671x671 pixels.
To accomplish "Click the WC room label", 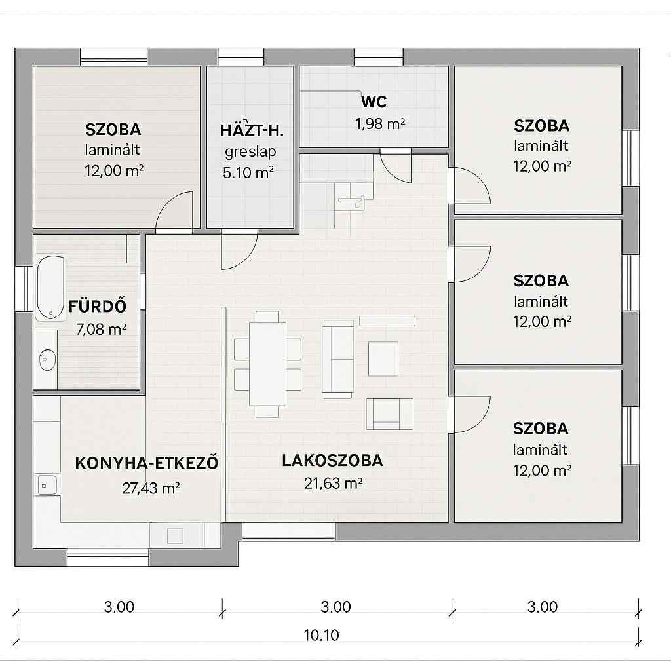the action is (374, 102).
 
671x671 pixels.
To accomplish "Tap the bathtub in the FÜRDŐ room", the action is (50, 287).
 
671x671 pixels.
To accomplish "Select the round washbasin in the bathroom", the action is (47, 360).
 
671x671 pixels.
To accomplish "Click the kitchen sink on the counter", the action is (47, 484).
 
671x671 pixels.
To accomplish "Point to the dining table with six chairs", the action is (267, 364).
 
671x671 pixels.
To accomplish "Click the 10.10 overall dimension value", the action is (321, 635).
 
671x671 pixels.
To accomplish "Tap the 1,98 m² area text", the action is (380, 124).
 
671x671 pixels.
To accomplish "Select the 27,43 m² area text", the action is (151, 488).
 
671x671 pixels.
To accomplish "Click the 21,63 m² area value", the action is (334, 484).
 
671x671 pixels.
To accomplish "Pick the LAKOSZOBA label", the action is (332, 461).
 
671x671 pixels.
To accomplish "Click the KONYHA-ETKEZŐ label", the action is (146, 463).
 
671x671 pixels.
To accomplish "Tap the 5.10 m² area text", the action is (248, 173).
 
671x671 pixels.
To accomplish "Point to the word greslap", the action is (250, 152).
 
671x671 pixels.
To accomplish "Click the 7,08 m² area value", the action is (101, 330).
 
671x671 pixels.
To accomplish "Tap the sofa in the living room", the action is (337, 358).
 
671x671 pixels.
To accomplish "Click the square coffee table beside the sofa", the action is (383, 358).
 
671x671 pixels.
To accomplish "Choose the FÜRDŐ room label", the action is (98, 307).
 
